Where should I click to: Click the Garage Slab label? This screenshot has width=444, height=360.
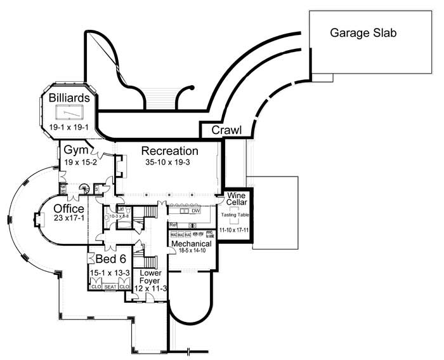(363, 34)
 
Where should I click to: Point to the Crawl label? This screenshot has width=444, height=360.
(226, 130)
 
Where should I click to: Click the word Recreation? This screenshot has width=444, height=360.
(169, 151)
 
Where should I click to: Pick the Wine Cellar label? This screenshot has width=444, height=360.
(237, 198)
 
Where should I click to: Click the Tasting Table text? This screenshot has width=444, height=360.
(235, 215)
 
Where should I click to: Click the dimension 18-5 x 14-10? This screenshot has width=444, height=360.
(193, 252)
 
